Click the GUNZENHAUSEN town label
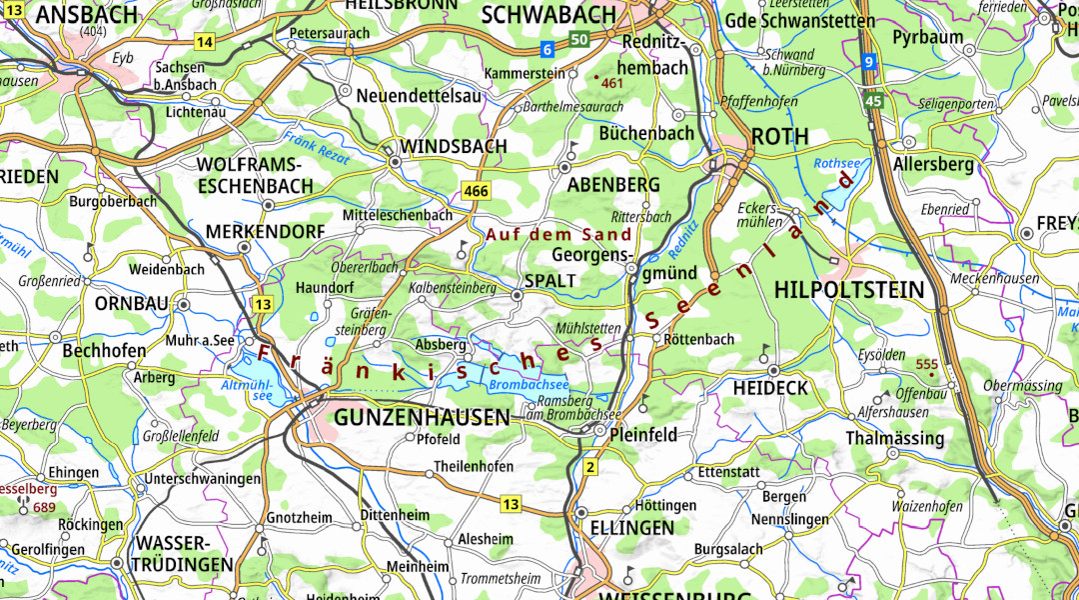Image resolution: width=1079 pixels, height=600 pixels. coord(422,417)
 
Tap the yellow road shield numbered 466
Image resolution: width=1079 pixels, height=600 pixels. coord(476,190)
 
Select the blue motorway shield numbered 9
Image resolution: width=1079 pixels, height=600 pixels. coord(869,62)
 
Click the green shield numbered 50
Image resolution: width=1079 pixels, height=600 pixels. coord(579,39)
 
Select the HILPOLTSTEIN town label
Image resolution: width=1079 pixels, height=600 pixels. coord(848,290)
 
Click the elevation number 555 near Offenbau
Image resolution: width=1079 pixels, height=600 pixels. coord(926,364)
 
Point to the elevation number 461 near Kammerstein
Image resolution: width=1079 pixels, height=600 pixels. coord(612,83)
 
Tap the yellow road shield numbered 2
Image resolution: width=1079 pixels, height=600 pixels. coord(590,467)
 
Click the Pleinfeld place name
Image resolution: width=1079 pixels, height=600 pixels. coord(643,434)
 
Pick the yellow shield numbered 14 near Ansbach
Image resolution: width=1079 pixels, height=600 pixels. coord(205,41)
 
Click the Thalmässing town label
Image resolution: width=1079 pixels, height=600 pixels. coord(894,438)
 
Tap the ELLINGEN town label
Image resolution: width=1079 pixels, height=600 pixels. coord(632,527)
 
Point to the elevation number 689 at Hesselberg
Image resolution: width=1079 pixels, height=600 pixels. coord(43,507)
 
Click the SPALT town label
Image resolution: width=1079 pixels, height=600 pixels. coord(550,281)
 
